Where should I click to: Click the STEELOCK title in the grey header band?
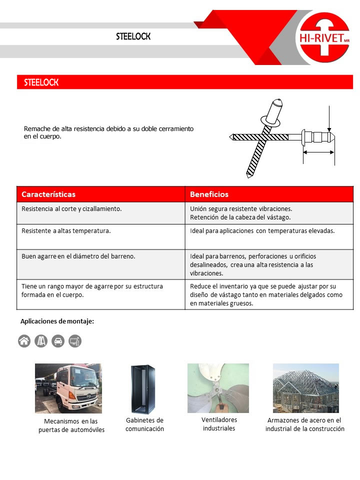click(x=133, y=37)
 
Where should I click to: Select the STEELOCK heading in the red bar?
click(x=41, y=82)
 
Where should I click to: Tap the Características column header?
click(x=48, y=194)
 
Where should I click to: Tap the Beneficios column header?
click(x=209, y=194)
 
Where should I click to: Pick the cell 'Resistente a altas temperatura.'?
click(x=66, y=231)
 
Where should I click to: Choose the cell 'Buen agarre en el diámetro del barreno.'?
click(x=78, y=256)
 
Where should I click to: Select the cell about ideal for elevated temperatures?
click(x=262, y=231)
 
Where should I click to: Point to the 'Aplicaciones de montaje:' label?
click(x=57, y=321)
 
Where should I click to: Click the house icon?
click(x=24, y=341)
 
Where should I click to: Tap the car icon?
click(x=58, y=341)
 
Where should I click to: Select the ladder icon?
click(x=41, y=341)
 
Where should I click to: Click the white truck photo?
click(x=68, y=388)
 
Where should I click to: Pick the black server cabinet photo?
click(x=143, y=389)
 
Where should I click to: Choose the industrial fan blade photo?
click(x=218, y=387)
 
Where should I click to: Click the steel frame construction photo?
click(x=305, y=387)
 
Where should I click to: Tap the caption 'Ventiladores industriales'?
click(x=219, y=424)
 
